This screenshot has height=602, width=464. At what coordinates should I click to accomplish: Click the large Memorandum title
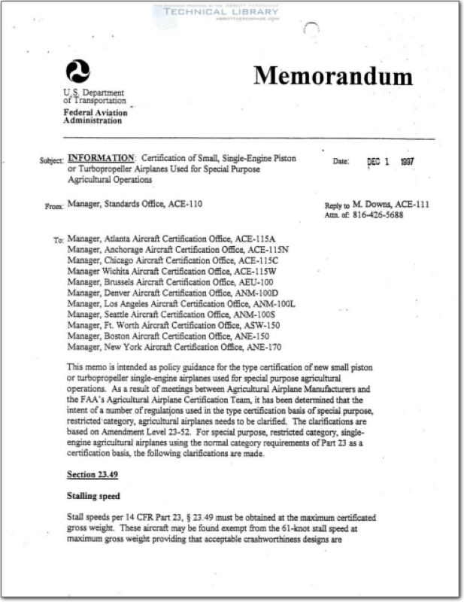click(332, 76)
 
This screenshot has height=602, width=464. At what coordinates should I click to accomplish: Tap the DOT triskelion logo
click(77, 72)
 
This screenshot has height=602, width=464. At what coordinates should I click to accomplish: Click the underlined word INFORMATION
click(101, 159)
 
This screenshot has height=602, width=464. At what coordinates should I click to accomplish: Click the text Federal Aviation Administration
click(95, 117)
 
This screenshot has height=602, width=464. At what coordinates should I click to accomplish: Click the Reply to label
click(336, 205)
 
